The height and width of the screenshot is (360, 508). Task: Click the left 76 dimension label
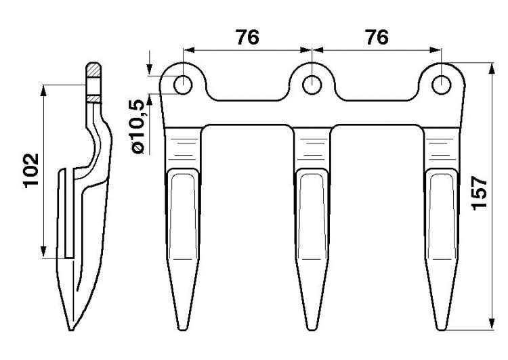point(247,37)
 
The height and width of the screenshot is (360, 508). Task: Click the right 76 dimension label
point(377,37)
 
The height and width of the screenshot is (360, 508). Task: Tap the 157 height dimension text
point(480,194)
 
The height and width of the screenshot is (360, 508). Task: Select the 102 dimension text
point(31,171)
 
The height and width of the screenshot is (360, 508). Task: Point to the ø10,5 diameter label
point(137,127)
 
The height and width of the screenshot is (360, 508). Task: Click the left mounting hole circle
point(183,85)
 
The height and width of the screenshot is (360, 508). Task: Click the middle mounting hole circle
point(312,85)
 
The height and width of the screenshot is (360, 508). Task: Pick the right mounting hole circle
point(441,85)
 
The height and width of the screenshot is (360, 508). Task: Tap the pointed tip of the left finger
point(183,330)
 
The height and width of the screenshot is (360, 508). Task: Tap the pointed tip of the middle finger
point(312,330)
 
